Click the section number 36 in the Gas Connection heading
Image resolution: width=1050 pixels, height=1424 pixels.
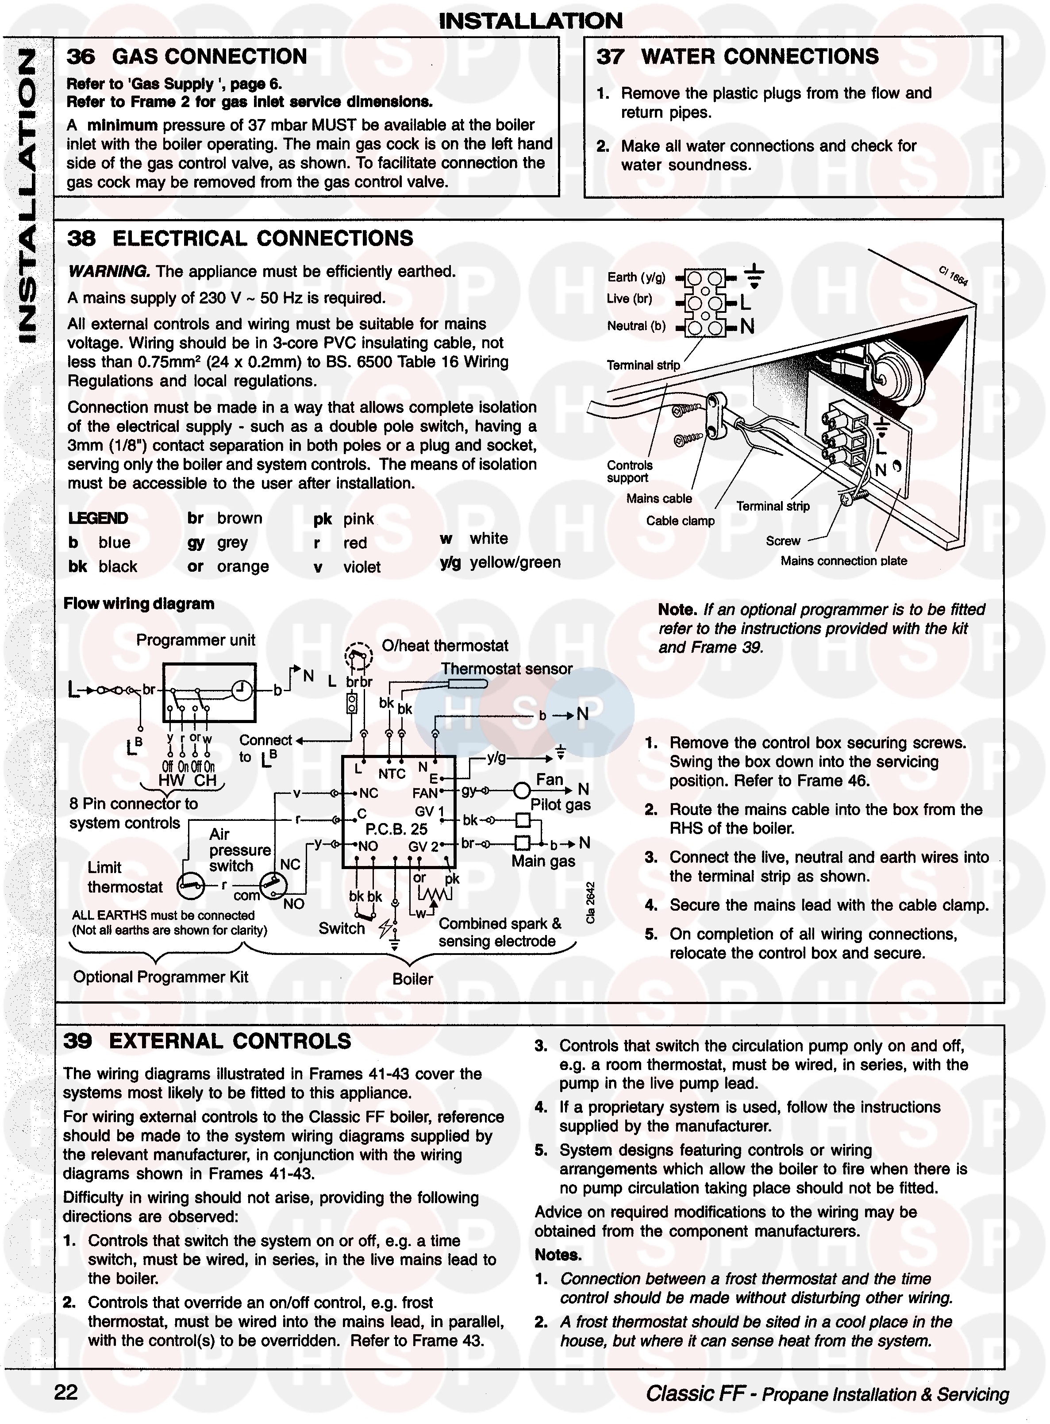[81, 57]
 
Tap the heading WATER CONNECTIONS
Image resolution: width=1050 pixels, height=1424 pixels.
[760, 57]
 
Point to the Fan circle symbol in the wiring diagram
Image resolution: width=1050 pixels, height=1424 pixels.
[522, 791]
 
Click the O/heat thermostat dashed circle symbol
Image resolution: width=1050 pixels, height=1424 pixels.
[358, 655]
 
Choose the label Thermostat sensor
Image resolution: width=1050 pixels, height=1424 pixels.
[507, 669]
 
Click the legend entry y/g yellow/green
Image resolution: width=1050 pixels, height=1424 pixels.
[500, 562]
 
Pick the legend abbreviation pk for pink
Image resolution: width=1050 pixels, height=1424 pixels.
[322, 520]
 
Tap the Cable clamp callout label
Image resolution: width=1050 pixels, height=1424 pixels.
[680, 521]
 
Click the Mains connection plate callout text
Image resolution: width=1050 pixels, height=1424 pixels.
[843, 561]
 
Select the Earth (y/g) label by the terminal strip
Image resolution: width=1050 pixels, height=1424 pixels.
[636, 277]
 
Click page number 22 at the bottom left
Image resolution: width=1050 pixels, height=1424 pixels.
[66, 1392]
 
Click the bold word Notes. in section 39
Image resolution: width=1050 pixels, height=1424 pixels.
[558, 1255]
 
